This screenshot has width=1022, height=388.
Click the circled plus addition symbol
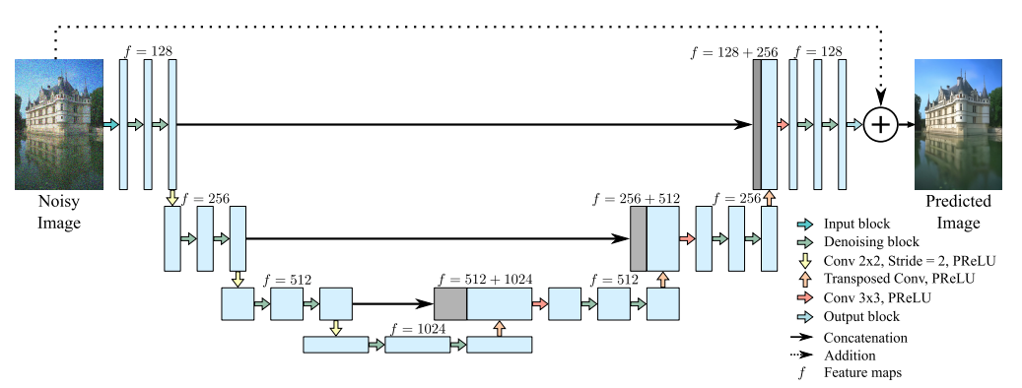[881, 125]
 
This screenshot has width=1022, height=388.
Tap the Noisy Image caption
[59, 212]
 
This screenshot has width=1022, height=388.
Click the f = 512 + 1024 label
[487, 280]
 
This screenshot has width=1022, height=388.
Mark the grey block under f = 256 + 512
[639, 238]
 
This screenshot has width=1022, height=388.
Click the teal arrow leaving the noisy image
[108, 125]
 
